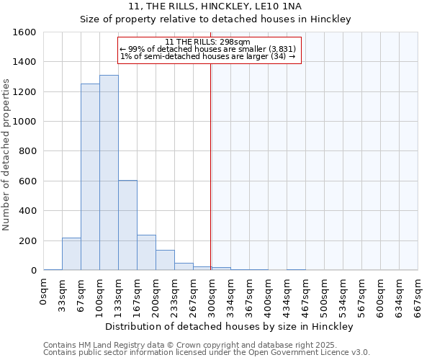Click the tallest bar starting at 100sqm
click(109, 173)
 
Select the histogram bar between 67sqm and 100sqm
click(90, 177)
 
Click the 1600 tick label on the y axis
click(24, 32)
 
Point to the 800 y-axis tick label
click(27, 152)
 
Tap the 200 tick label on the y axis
click(27, 241)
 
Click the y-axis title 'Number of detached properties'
click(6, 151)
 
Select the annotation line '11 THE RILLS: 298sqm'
click(207, 42)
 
